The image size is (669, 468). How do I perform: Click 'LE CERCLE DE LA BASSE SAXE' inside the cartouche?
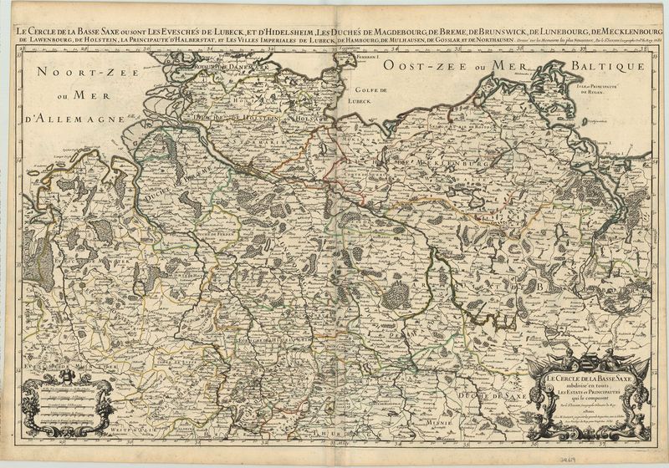tap(590, 379)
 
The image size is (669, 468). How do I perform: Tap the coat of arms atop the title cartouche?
tap(590, 359)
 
